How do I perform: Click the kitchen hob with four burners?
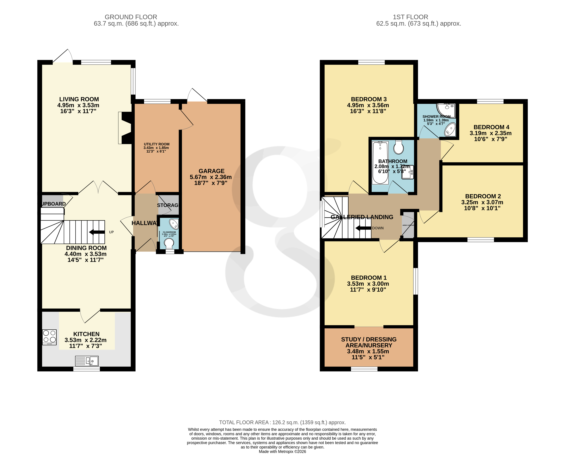pos(49,337)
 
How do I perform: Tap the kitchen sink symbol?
pos(87,361)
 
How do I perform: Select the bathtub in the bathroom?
pos(380,162)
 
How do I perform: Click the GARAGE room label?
pos(211,171)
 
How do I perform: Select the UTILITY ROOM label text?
pos(156,144)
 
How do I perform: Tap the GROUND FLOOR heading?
pos(131,17)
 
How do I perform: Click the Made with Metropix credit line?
pos(282,452)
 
